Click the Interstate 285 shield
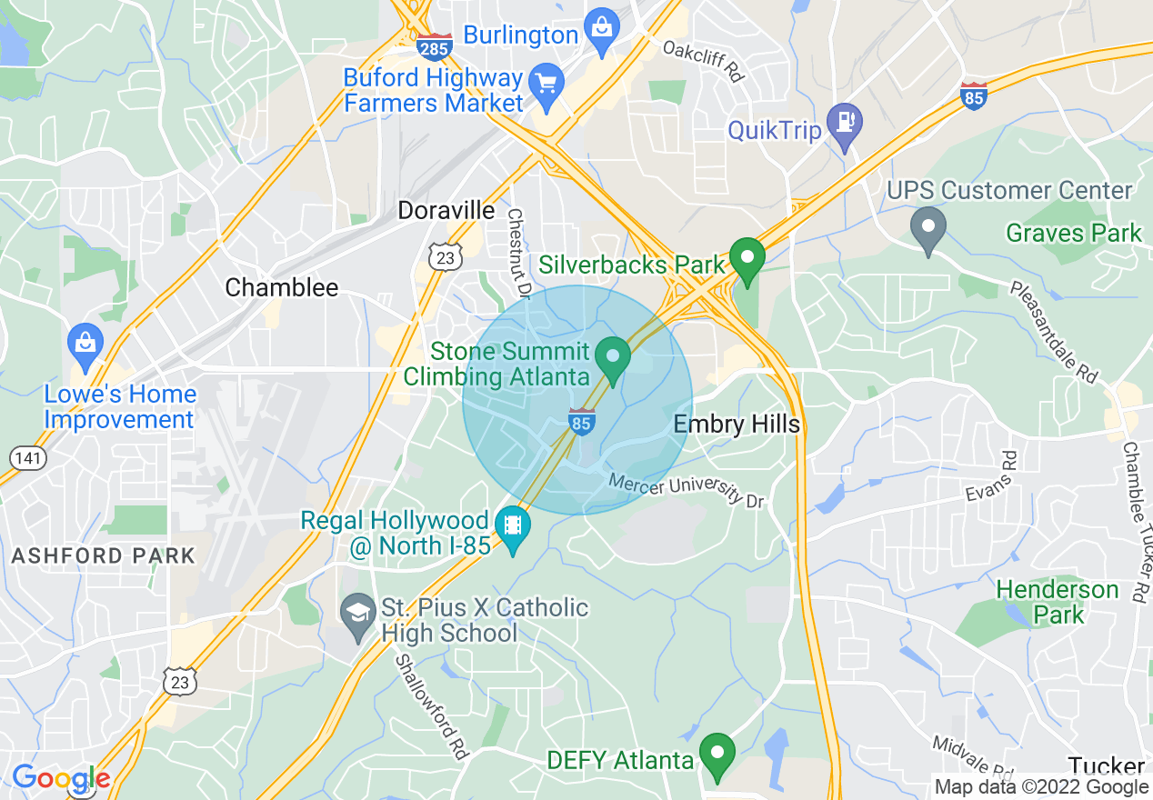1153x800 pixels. click(x=435, y=47)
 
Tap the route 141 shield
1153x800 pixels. click(x=28, y=457)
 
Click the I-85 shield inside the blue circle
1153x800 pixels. click(x=582, y=422)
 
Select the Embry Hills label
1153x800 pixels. click(x=737, y=425)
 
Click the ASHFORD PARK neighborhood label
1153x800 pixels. click(x=104, y=555)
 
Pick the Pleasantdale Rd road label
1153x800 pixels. click(x=1055, y=331)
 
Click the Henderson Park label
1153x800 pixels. click(x=1058, y=602)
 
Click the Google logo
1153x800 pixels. click(x=61, y=779)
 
